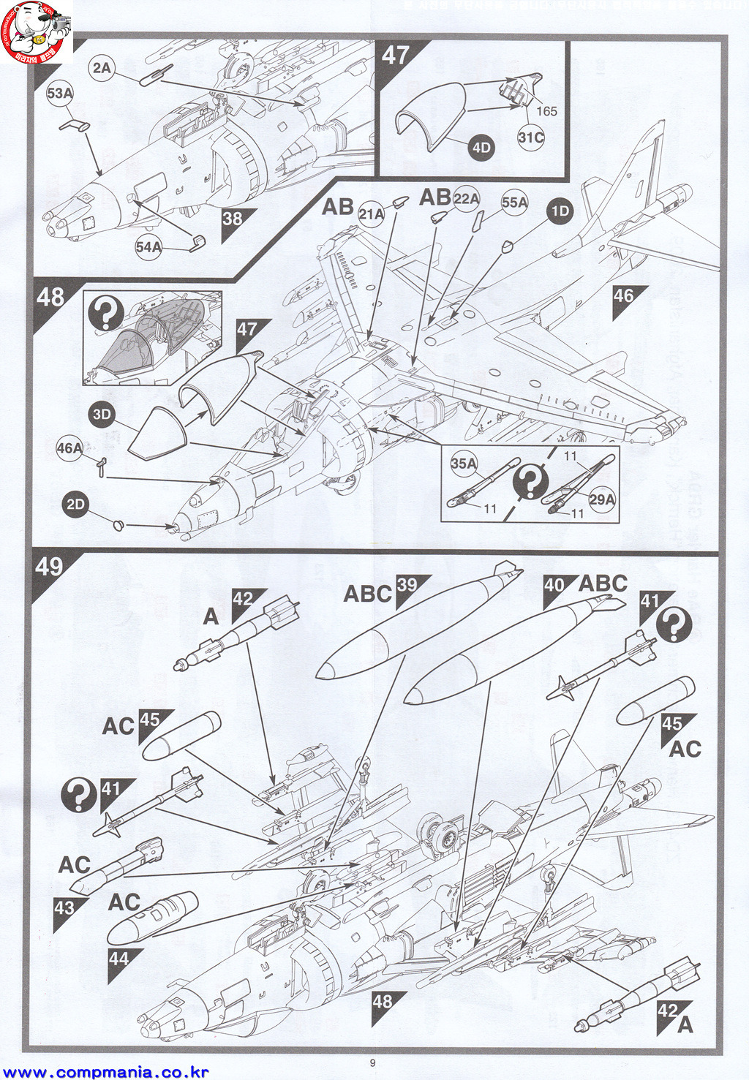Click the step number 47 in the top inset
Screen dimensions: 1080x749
click(396, 56)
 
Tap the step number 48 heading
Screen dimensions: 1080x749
click(50, 298)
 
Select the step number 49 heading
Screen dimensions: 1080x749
click(50, 567)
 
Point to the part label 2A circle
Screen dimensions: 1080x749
click(102, 68)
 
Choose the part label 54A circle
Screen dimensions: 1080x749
click(148, 247)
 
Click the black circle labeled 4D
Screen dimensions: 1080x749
click(481, 148)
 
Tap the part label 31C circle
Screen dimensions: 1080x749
click(531, 137)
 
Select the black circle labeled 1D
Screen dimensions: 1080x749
click(560, 211)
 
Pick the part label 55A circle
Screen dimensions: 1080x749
click(514, 203)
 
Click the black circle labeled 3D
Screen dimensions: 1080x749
click(102, 415)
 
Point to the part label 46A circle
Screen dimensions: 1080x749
click(69, 448)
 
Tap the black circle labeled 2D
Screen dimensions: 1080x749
click(76, 505)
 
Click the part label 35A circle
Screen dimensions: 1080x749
click(464, 464)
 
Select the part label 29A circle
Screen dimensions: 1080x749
click(602, 499)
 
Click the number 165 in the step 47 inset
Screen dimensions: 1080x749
click(546, 111)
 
